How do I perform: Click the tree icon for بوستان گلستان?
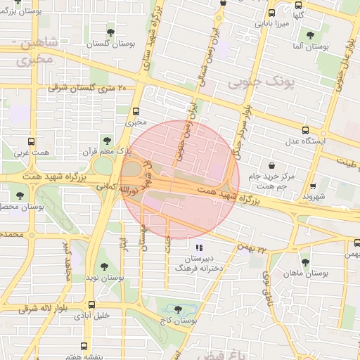click(x=110, y=32)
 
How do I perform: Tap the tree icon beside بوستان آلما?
click(x=310, y=34)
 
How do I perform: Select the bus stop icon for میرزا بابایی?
click(x=271, y=13)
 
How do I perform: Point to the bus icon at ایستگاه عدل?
click(x=305, y=130)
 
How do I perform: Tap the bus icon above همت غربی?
click(x=31, y=141)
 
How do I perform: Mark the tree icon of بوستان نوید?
click(x=105, y=266)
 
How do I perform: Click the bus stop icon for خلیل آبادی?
click(x=92, y=304)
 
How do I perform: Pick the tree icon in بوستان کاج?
click(x=176, y=309)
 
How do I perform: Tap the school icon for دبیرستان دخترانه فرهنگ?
click(x=199, y=247)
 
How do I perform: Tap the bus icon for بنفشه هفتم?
click(x=84, y=346)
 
